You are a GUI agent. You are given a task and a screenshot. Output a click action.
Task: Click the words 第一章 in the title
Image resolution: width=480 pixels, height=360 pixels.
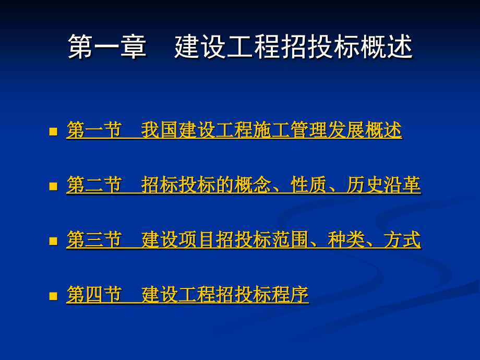pos(107,47)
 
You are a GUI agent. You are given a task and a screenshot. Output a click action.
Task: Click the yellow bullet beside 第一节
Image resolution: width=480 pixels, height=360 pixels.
pos(53,131)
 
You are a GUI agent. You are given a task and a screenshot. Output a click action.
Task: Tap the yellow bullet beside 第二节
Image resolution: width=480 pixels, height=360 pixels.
pos(53,186)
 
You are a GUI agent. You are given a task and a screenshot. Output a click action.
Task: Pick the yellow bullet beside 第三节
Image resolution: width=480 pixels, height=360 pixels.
pos(53,241)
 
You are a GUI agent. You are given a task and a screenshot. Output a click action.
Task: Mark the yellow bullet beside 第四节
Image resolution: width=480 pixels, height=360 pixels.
pos(53,296)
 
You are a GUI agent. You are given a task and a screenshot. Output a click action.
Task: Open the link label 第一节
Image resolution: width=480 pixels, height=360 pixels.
pos(94,130)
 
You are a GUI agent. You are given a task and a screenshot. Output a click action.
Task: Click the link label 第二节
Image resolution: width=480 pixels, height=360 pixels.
pos(94,185)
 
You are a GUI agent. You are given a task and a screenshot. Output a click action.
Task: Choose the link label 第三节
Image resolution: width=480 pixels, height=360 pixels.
pos(94,241)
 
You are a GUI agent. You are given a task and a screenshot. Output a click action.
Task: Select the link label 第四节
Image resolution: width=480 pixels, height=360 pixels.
pos(94,295)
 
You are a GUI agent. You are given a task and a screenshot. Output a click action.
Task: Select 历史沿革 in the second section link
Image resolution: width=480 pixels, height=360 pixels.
pos(383,185)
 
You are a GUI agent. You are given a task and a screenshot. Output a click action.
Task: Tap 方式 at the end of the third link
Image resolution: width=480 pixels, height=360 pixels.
pos(402,241)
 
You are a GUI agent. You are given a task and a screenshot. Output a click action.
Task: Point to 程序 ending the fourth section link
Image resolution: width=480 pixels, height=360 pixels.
pos(290,295)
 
